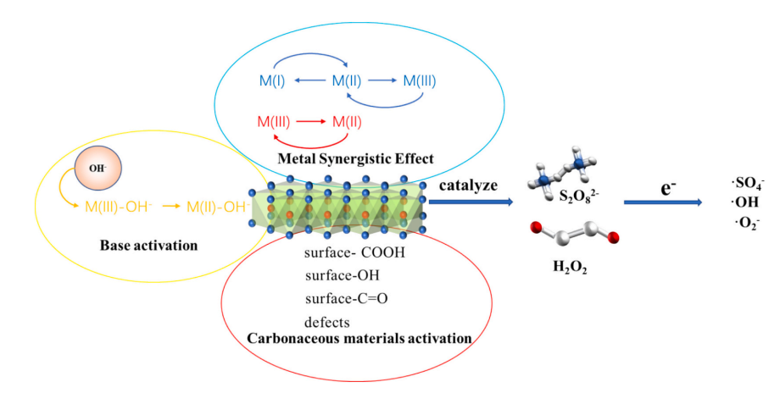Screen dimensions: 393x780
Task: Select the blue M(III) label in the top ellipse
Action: [x=419, y=82]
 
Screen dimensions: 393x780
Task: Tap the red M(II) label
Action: [x=347, y=121]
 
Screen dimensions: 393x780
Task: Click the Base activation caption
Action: [x=148, y=246]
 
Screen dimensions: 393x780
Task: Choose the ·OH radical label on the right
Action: [x=746, y=203]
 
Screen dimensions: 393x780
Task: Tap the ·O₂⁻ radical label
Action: [x=748, y=224]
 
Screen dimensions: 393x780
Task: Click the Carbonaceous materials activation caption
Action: [x=359, y=339]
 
